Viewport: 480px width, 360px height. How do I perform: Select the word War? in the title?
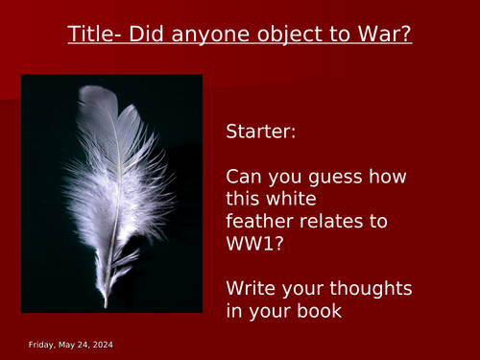[x=382, y=36]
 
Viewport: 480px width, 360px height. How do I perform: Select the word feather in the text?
[x=259, y=221]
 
